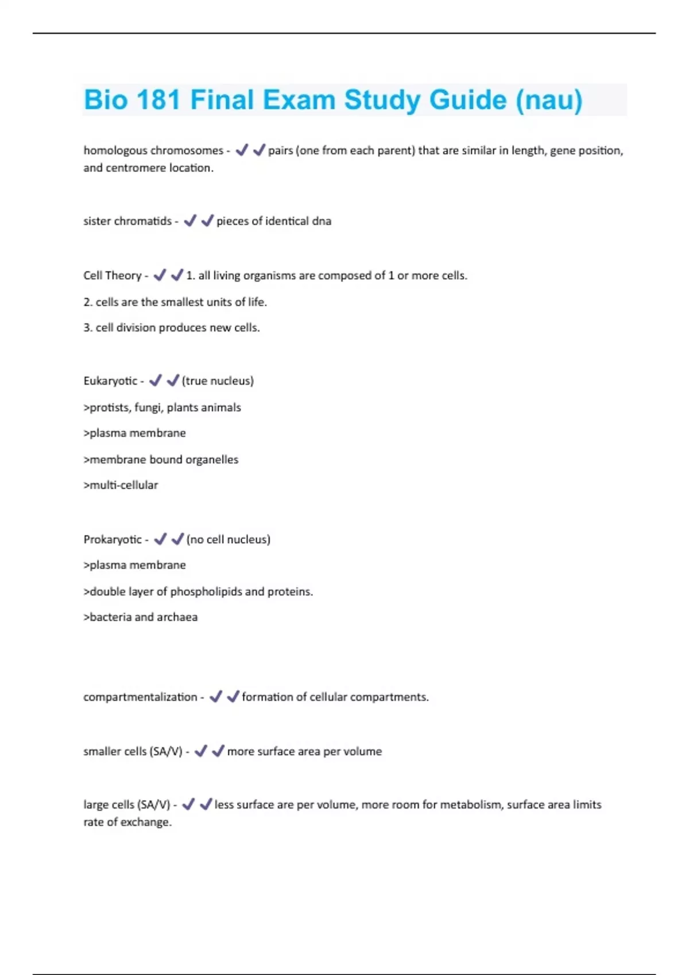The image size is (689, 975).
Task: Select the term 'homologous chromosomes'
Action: pos(153,150)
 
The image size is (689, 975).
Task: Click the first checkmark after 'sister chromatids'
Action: pos(190,221)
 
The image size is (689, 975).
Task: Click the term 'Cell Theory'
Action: pos(112,275)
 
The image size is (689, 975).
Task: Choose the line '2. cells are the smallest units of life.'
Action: pos(175,302)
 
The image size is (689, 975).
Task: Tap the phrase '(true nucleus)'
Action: pos(218,381)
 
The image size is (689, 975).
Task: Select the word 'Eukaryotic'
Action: pos(110,381)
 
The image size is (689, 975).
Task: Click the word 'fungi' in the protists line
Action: pos(148,407)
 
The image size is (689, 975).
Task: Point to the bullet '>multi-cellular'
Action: pos(121,485)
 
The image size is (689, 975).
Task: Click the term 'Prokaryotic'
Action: pos(113,539)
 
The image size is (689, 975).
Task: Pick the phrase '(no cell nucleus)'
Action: pos(229,539)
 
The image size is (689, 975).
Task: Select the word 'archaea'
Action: pos(177,617)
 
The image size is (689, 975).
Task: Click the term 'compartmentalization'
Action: pos(140,697)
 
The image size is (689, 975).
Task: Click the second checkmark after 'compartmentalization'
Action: pos(233,697)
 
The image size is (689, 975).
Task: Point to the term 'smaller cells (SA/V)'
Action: pos(133,751)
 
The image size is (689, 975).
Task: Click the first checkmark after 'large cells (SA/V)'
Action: pos(188,805)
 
